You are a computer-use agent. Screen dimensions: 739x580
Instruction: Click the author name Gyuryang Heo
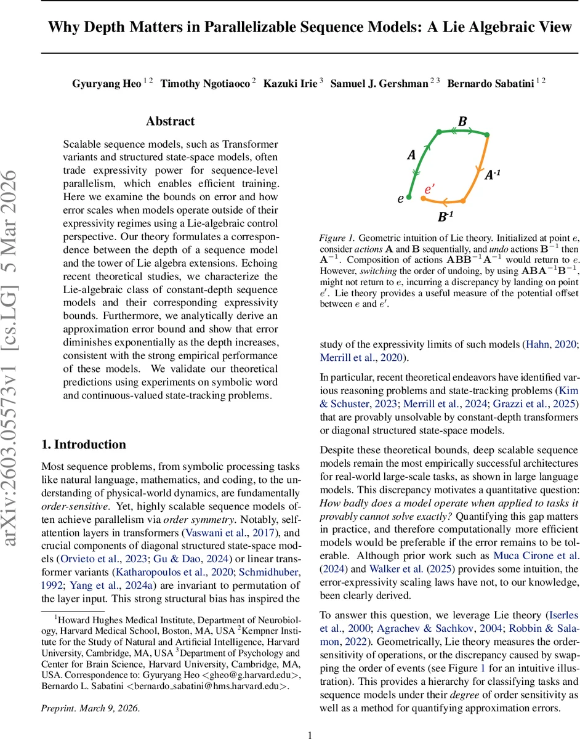pyautogui.click(x=106, y=84)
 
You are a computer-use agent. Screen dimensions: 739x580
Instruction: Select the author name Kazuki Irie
pyautogui.click(x=288, y=84)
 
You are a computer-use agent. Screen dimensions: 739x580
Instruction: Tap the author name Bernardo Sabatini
pyautogui.click(x=489, y=84)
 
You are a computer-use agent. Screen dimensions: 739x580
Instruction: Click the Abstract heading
pyautogui.click(x=170, y=121)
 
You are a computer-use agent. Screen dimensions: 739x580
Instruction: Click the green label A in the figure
pyautogui.click(x=411, y=156)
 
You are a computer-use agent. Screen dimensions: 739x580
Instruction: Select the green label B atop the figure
pyautogui.click(x=462, y=122)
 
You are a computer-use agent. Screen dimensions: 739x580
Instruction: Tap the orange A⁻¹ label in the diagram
pyautogui.click(x=492, y=176)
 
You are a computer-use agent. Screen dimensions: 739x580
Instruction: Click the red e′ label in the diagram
pyautogui.click(x=430, y=190)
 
